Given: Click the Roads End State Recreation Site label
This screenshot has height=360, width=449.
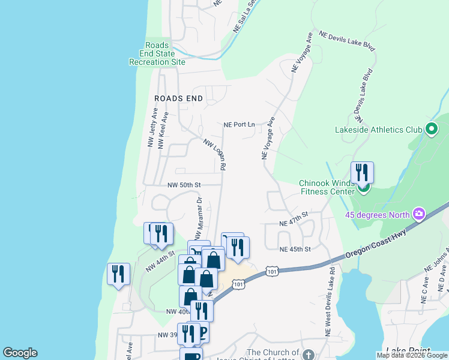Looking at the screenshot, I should pyautogui.click(x=157, y=53).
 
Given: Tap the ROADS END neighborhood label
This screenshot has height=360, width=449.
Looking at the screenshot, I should pyautogui.click(x=178, y=98).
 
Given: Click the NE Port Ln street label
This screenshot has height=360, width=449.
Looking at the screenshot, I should pyautogui.click(x=239, y=125).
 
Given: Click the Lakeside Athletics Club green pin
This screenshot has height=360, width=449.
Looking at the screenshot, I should pyautogui.click(x=430, y=128).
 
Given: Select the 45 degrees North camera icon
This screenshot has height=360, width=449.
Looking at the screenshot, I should pyautogui.click(x=418, y=214).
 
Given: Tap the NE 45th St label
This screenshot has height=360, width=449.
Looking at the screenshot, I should pyautogui.click(x=295, y=249).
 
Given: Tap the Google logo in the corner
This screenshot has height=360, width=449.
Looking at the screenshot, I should pyautogui.click(x=20, y=353).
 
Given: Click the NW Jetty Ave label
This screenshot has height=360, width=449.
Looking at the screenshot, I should pyautogui.click(x=151, y=128).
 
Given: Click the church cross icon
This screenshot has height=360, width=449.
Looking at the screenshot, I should pyautogui.click(x=308, y=355).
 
